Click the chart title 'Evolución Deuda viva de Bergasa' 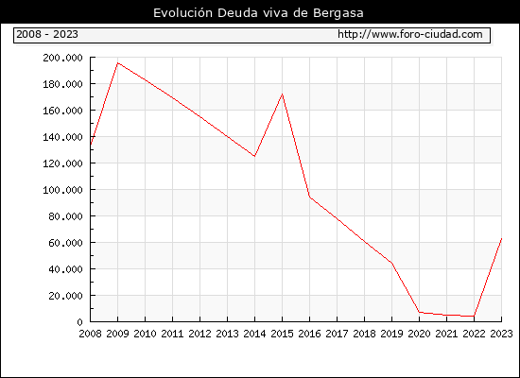tap(258, 13)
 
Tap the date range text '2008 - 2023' tap(47, 34)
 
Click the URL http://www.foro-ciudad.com tap(410, 34)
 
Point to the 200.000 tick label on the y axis tap(62, 58)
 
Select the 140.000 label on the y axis tap(62, 137)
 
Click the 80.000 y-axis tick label tap(65, 216)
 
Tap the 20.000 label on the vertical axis tap(65, 296)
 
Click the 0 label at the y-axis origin tap(79, 322)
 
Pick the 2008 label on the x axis tap(90, 334)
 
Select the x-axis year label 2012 tap(200, 334)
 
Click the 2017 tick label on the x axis tap(337, 334)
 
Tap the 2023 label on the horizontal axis tap(501, 334)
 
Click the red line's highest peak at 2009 tap(118, 62)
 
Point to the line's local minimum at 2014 tap(254, 156)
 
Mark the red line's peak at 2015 tap(283, 94)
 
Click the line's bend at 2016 tap(310, 197)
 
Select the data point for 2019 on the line tap(392, 264)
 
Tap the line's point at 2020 tap(419, 312)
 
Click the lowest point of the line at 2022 tap(474, 316)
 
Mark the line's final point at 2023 tap(501, 238)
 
